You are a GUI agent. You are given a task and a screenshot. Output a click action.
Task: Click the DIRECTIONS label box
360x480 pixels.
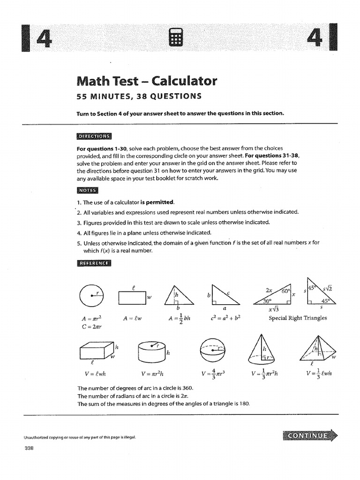(x=94, y=136)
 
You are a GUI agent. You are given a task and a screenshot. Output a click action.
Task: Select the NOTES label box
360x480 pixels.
(x=87, y=190)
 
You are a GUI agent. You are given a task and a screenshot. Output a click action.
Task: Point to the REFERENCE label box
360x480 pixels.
(x=94, y=263)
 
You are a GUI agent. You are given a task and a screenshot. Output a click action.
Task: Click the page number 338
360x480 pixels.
(x=30, y=448)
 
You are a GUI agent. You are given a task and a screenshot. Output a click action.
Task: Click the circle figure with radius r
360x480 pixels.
(x=91, y=296)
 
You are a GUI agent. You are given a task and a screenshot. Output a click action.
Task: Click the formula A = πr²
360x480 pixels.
(x=92, y=318)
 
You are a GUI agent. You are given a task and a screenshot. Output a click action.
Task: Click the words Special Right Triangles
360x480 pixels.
(x=298, y=318)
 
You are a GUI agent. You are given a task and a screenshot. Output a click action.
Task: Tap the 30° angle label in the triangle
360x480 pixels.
(x=267, y=301)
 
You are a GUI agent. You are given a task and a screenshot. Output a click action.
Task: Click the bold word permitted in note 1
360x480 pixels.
(x=160, y=202)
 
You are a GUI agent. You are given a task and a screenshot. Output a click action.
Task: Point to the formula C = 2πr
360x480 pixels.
(x=92, y=327)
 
